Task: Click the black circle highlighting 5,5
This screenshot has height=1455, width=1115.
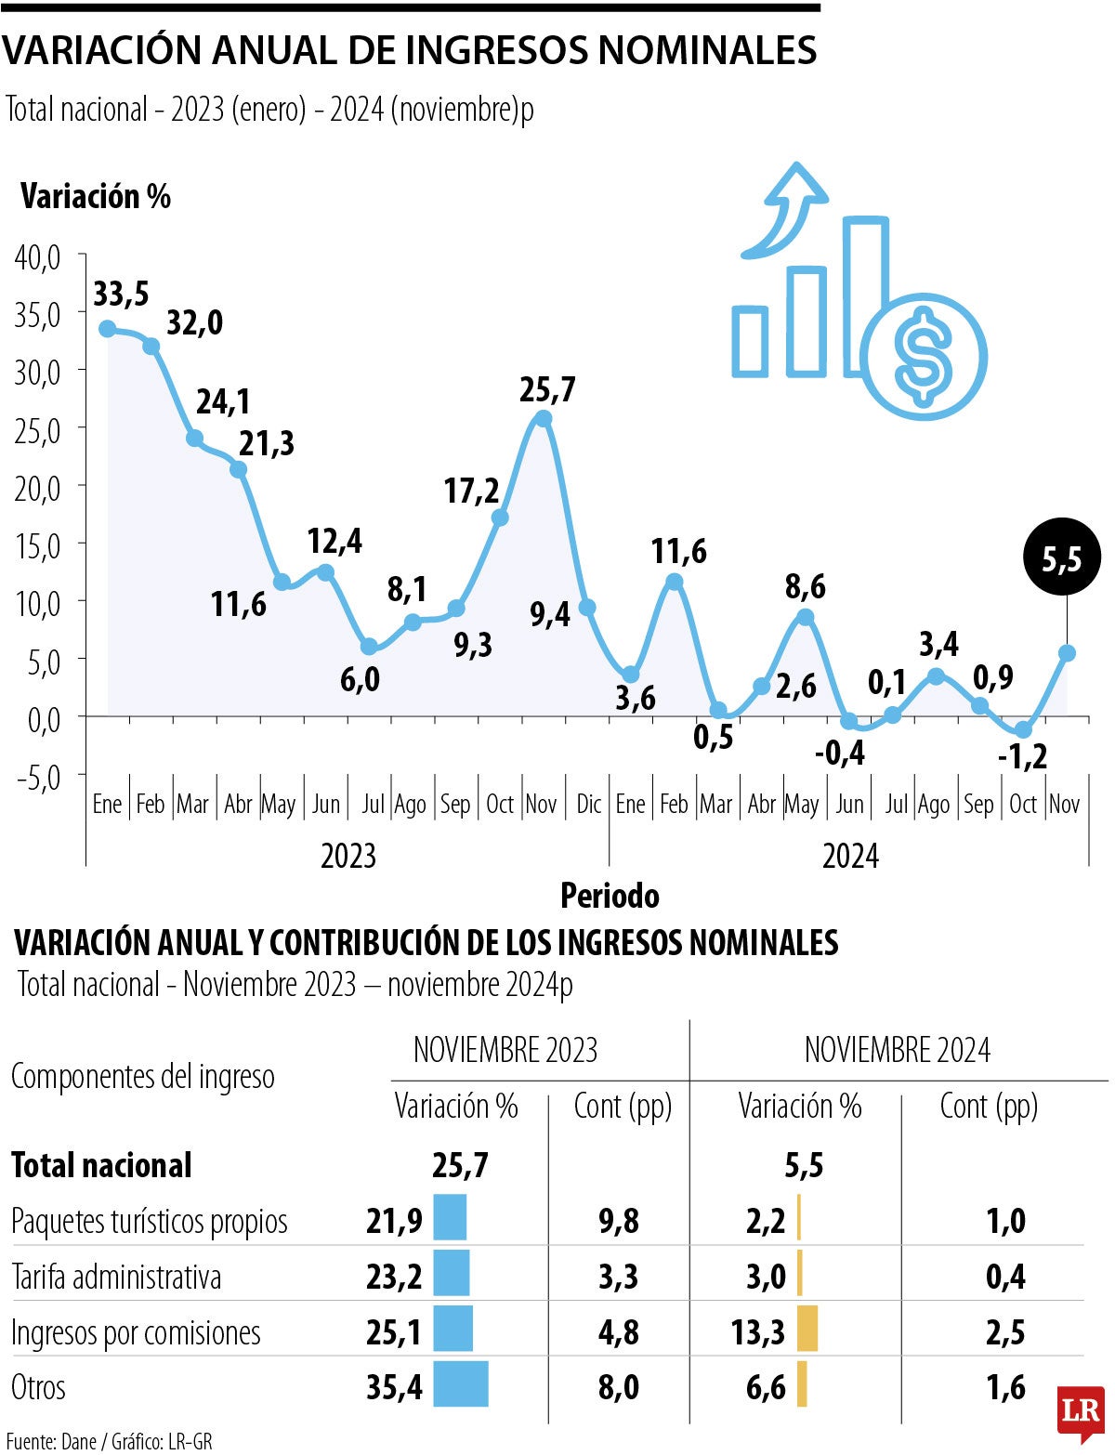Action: tap(1062, 558)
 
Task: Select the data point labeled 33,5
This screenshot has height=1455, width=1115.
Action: tap(108, 329)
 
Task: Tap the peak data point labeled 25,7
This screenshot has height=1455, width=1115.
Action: tap(544, 419)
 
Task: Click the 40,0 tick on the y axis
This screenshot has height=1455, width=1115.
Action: tap(37, 257)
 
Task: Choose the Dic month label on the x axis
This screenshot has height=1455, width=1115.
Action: tap(589, 804)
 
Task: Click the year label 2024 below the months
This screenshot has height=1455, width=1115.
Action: tap(850, 856)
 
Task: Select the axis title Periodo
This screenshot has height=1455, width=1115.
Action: tap(610, 896)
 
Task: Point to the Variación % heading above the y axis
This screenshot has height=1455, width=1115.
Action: tap(96, 197)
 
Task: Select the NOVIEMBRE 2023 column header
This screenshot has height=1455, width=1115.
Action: tap(505, 1050)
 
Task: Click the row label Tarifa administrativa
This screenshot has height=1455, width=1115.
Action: tap(116, 1277)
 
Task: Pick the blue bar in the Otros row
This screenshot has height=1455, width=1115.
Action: tap(461, 1384)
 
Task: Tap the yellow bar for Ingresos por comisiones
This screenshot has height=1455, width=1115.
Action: tap(807, 1329)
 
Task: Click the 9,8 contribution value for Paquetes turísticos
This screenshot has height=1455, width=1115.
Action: tap(619, 1221)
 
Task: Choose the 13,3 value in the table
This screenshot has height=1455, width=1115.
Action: tap(758, 1332)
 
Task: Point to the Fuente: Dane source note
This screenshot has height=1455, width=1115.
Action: tap(109, 1441)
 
